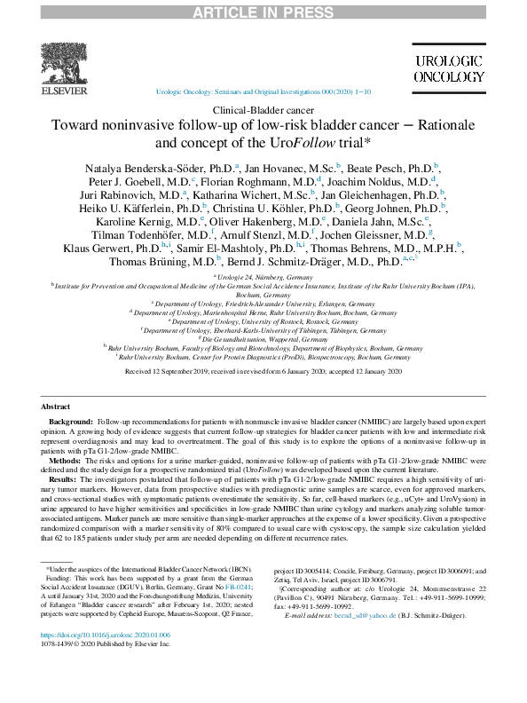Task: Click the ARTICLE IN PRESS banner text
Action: point(263,9)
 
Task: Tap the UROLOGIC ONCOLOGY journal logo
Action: point(448,68)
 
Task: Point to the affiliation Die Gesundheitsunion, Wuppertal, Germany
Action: point(264,338)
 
